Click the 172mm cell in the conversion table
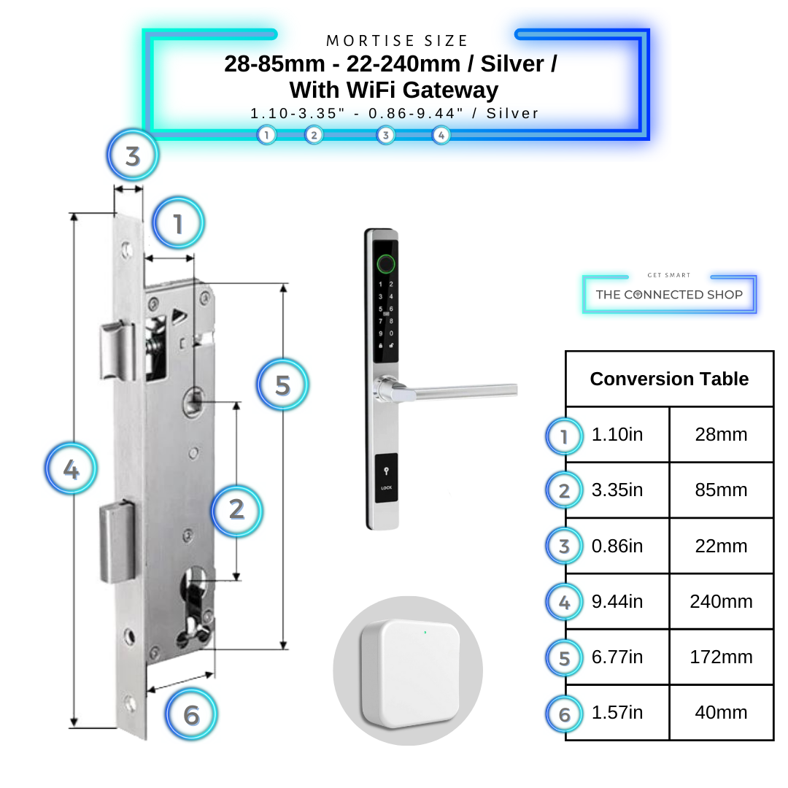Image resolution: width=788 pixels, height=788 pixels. click(721, 657)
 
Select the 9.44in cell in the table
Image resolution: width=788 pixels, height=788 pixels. click(617, 601)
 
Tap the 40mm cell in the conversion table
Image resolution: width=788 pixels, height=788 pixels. click(721, 713)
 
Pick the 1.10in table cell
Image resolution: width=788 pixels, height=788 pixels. click(617, 435)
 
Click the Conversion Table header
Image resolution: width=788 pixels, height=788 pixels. click(669, 379)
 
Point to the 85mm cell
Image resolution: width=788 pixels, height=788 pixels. click(721, 490)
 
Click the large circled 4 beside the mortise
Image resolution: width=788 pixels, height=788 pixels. click(71, 470)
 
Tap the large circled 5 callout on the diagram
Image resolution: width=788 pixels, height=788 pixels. click(282, 385)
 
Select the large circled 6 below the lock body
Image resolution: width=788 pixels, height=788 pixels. click(191, 715)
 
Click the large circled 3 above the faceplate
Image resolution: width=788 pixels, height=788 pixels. click(132, 156)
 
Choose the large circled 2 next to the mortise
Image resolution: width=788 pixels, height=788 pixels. click(236, 509)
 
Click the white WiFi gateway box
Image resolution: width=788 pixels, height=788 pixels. click(409, 672)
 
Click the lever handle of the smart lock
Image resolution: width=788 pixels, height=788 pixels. click(452, 392)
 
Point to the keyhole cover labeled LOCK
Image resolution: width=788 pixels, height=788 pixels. click(386, 478)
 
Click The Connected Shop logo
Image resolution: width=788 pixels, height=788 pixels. click(669, 294)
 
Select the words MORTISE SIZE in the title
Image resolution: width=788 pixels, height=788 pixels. click(397, 41)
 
